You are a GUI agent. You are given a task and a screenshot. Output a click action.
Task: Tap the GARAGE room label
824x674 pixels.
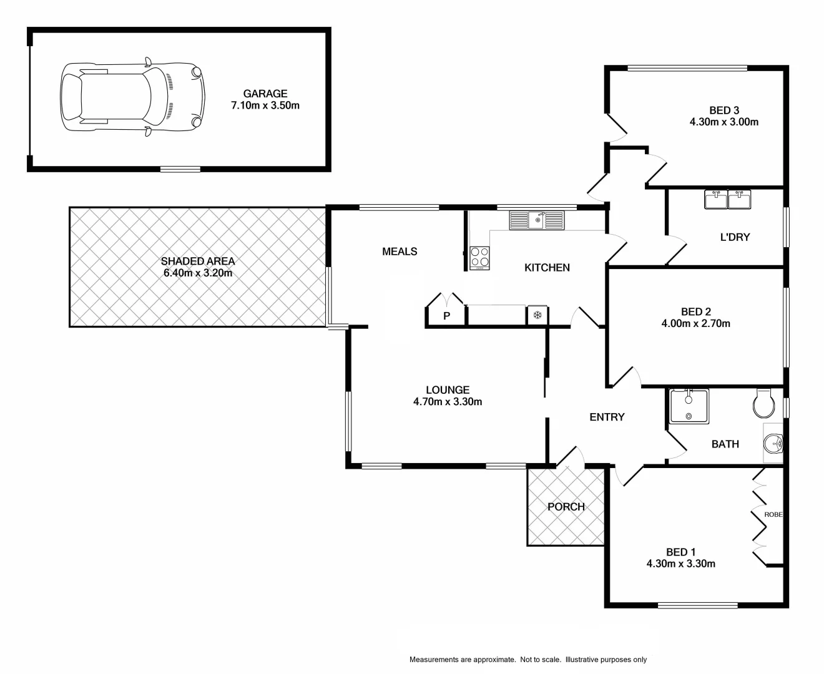tap(265, 94)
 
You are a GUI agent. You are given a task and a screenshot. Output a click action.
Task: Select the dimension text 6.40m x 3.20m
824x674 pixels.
tap(198, 273)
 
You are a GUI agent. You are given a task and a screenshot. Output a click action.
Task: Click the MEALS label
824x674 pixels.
tap(400, 252)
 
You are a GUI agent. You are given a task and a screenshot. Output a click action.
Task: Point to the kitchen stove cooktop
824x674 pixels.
tap(479, 257)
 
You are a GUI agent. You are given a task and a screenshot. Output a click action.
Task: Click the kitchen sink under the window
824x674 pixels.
tap(536, 220)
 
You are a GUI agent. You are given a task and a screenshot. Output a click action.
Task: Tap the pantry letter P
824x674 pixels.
tap(447, 316)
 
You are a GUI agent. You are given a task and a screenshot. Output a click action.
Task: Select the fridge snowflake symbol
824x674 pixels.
tap(537, 316)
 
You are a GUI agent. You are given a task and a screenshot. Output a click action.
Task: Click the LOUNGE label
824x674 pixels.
tap(448, 390)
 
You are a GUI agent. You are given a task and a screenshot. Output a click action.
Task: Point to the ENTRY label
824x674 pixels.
tap(607, 417)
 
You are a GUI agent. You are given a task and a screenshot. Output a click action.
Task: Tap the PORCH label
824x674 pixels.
tap(566, 507)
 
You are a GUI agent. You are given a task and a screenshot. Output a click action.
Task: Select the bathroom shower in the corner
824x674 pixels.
tap(689, 406)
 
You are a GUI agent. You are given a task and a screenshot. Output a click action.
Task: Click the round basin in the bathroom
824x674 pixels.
tap(773, 443)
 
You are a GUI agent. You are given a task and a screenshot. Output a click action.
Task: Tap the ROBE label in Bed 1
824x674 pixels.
tap(773, 515)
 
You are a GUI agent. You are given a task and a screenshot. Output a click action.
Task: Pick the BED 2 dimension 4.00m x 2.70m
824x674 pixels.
tap(695, 323)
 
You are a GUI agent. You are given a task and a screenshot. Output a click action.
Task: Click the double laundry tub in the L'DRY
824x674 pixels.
tap(728, 200)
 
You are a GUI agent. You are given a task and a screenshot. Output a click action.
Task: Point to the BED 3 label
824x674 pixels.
tap(724, 110)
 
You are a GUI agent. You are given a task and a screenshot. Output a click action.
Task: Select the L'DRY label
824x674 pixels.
tap(735, 237)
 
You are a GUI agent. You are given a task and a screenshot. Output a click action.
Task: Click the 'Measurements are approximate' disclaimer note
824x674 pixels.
tap(528, 660)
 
